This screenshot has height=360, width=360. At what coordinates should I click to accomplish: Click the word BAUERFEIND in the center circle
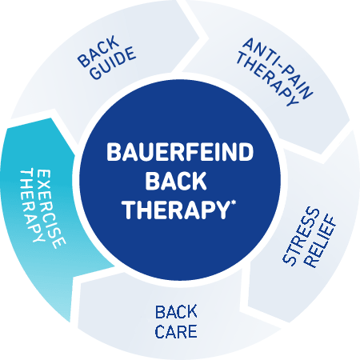pyautogui.click(x=180, y=152)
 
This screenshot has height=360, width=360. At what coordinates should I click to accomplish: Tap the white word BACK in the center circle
pyautogui.click(x=176, y=181)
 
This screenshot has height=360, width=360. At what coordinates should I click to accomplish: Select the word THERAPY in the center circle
pyautogui.click(x=176, y=210)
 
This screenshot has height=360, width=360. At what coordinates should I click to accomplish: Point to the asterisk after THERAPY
pyautogui.click(x=234, y=203)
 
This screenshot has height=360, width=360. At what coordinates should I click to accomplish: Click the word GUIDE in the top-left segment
pyautogui.click(x=113, y=63)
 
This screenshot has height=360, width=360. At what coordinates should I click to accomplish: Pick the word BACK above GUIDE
pyautogui.click(x=98, y=51)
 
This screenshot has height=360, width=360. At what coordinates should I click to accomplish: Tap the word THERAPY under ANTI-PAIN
pyautogui.click(x=267, y=79)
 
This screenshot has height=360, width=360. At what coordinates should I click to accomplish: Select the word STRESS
pyautogui.click(x=301, y=237)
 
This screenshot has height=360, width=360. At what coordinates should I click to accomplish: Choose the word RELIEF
pyautogui.click(x=320, y=242)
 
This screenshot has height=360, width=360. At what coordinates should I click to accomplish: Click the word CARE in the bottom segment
pyautogui.click(x=176, y=331)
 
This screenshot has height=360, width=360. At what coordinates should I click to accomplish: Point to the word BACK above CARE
pyautogui.click(x=176, y=312)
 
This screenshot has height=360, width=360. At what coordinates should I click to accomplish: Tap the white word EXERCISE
pyautogui.click(x=50, y=210)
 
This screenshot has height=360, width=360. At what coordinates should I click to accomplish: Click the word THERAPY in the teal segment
pyautogui.click(x=31, y=206)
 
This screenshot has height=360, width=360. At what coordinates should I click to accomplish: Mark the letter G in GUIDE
pyautogui.click(x=95, y=73)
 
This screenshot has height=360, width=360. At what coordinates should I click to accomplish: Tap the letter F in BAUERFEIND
pyautogui.click(x=190, y=152)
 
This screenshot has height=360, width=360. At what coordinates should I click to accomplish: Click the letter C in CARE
pyautogui.click(x=161, y=331)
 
